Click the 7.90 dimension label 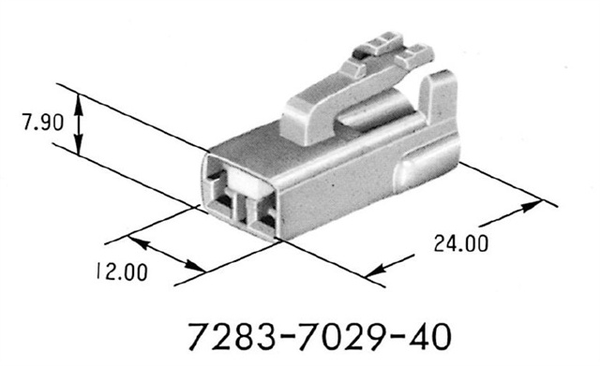tap(43, 123)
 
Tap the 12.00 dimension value tap(122, 271)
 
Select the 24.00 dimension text tap(461, 243)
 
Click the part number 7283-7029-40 tap(320, 337)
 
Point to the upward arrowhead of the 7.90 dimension tap(79, 103)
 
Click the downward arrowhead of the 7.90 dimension tap(79, 146)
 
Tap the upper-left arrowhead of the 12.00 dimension tap(137, 242)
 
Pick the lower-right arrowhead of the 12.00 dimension tap(195, 266)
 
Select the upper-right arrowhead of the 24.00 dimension tap(532, 206)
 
